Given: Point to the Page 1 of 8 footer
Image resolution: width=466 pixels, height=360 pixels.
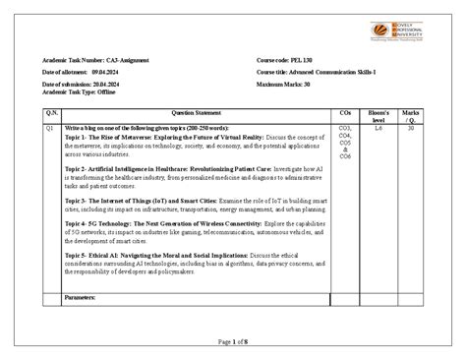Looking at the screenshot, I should pos(233,340).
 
